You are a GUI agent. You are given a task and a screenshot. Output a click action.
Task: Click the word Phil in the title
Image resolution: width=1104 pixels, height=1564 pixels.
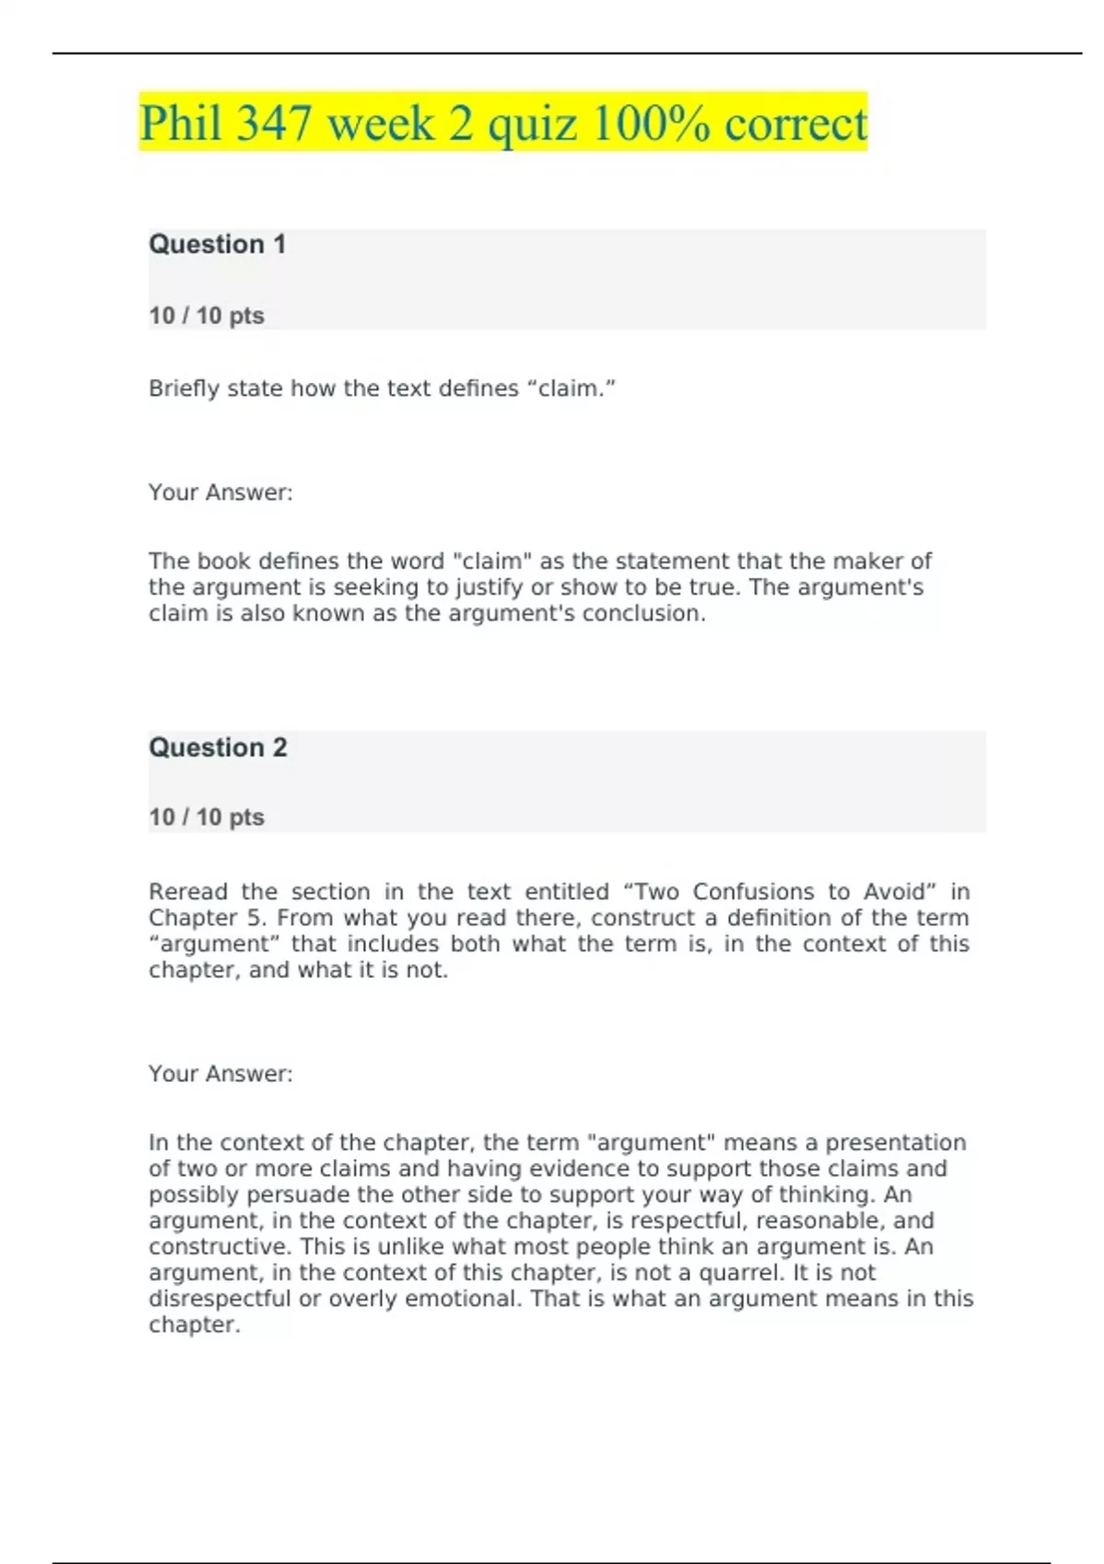tap(180, 123)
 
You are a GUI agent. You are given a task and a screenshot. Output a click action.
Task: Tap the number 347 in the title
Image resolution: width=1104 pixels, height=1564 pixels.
tap(273, 123)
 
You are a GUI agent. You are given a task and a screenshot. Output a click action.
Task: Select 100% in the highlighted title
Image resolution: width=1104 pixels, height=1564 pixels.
tap(650, 123)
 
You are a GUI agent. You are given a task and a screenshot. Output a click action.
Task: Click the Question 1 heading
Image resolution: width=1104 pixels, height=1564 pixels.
tap(217, 245)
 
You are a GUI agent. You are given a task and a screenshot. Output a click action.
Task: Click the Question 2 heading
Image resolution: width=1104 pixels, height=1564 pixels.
tap(218, 747)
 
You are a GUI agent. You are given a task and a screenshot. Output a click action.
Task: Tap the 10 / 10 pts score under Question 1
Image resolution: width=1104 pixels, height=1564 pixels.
tap(206, 316)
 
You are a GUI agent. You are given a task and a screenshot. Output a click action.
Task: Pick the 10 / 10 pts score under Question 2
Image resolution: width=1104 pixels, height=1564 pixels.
tap(206, 817)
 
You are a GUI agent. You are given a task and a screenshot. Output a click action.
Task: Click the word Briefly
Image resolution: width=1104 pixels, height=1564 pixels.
tap(184, 389)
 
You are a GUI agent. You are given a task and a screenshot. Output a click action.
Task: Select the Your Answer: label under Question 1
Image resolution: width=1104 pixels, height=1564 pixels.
tap(221, 492)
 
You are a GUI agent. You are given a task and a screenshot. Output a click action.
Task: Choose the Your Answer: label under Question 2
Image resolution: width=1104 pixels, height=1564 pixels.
tap(221, 1074)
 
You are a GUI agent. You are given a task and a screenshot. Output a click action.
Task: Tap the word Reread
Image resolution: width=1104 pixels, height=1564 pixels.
tap(188, 891)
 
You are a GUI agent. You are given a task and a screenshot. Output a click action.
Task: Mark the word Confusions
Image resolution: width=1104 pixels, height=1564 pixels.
tap(753, 891)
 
